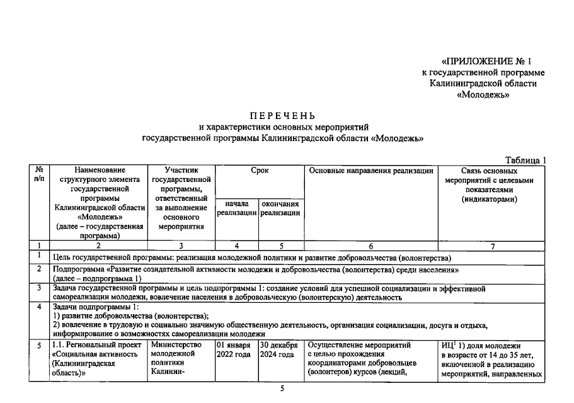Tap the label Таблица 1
point(526,160)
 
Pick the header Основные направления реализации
point(370,171)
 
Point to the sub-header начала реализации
point(236,208)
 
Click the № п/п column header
point(39,175)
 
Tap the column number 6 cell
point(370,246)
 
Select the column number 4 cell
point(236,246)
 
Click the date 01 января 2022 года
point(234,349)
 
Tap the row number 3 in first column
point(39,288)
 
